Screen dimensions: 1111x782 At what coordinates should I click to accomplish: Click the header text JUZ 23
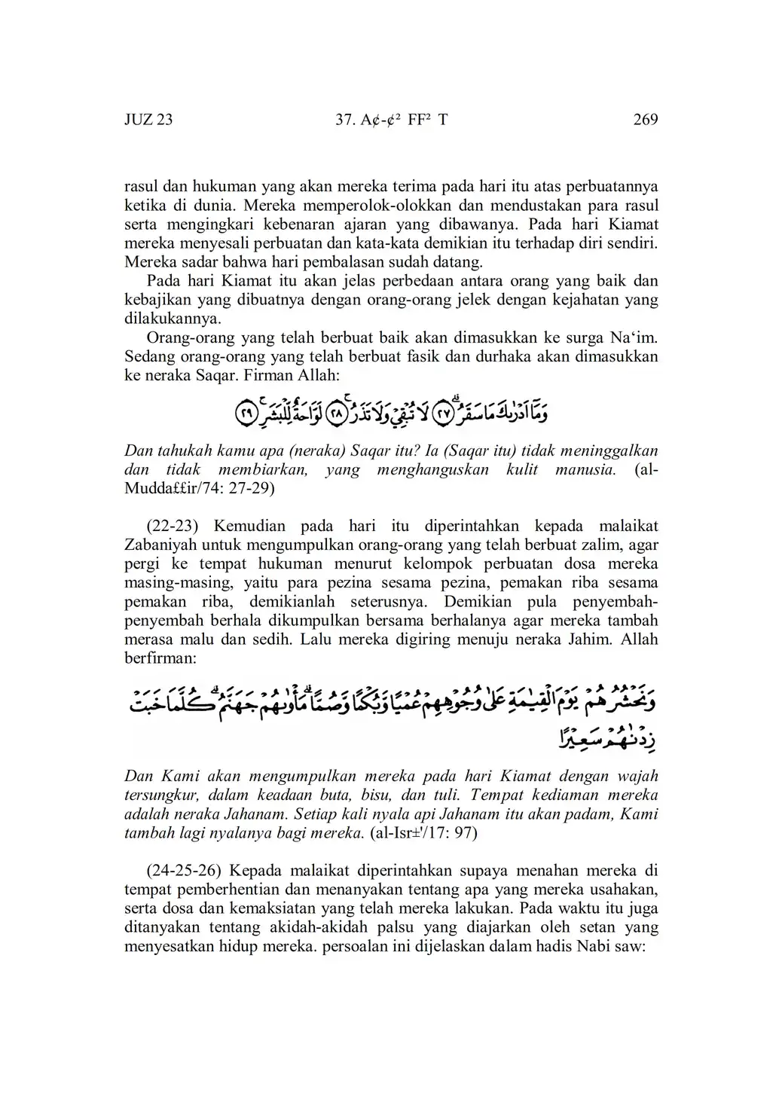click(148, 120)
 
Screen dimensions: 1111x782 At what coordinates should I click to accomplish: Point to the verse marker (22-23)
click(175, 526)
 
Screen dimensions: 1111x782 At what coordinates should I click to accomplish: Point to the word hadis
click(554, 946)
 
